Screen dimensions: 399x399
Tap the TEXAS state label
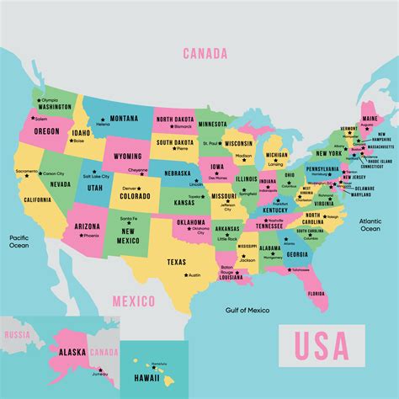177,262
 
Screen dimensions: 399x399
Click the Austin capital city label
194,275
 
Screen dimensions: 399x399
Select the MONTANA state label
124,118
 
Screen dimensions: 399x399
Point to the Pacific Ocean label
19,242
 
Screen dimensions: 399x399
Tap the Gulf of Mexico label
248,311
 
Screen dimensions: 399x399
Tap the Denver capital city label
130,189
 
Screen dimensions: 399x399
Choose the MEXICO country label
135,301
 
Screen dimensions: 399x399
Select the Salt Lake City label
97,177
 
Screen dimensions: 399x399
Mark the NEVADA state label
60,184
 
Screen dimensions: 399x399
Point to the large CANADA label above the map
205,53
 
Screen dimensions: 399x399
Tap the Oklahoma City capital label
199,229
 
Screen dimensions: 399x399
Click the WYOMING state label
128,157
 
